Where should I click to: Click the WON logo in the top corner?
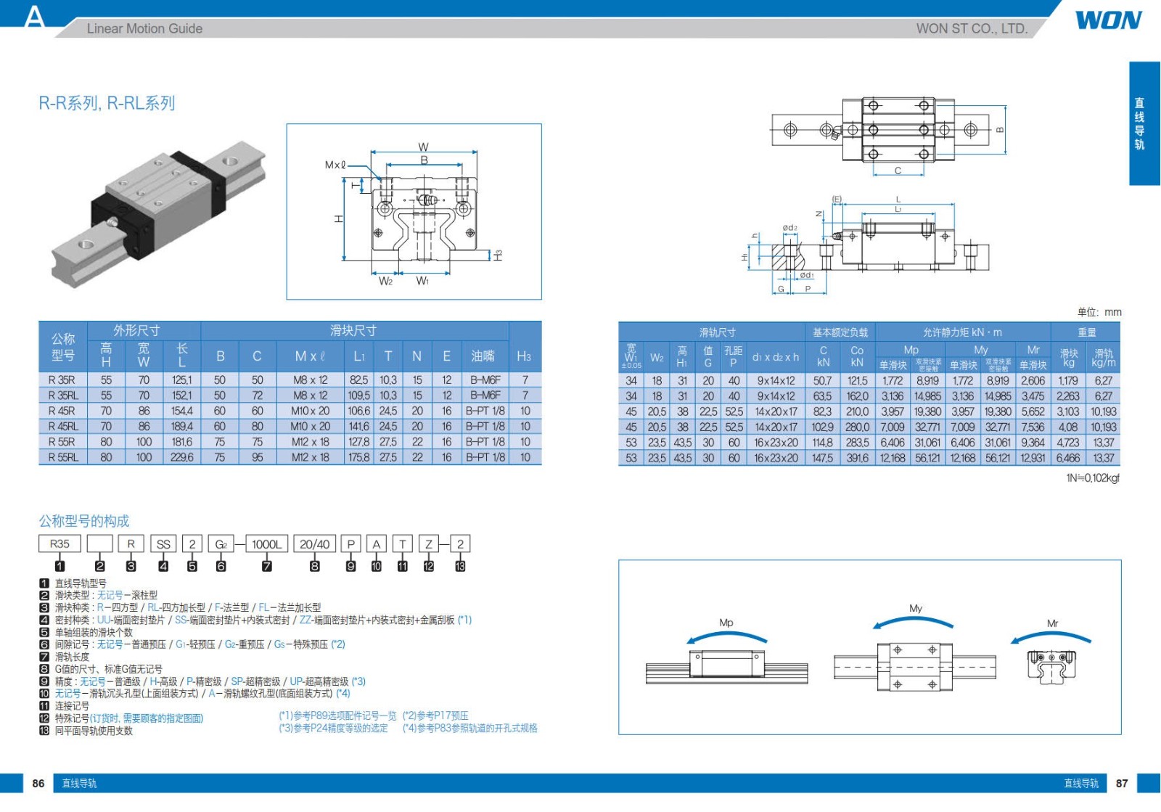point(1108,20)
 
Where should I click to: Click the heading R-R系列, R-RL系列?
point(107,103)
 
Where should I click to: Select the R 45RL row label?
point(62,427)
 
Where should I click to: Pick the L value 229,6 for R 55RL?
point(182,457)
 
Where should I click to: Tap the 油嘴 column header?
point(483,356)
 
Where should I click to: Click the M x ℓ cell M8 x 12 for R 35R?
point(311,380)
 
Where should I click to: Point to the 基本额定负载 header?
point(840,332)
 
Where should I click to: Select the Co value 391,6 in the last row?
point(857,458)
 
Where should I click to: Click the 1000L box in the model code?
point(266,544)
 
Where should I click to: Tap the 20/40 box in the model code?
point(314,544)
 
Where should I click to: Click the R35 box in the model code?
point(60,544)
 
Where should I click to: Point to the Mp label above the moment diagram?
point(726,623)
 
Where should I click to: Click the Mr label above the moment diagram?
point(1052,623)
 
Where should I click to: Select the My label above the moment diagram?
point(916,608)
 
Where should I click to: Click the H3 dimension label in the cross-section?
point(498,255)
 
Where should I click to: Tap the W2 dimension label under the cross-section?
point(385,281)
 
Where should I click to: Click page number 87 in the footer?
point(1122,783)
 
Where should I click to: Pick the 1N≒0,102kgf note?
point(1092,478)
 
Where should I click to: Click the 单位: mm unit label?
point(1099,312)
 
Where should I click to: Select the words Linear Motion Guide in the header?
point(144,29)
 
